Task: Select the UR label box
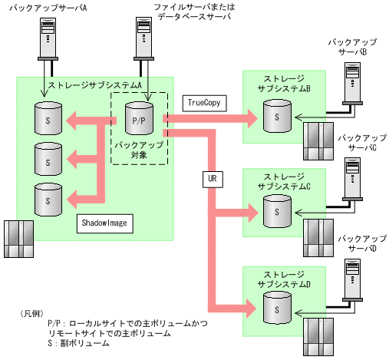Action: (x=213, y=179)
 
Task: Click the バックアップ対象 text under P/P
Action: (x=138, y=149)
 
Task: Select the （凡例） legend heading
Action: (x=34, y=313)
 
